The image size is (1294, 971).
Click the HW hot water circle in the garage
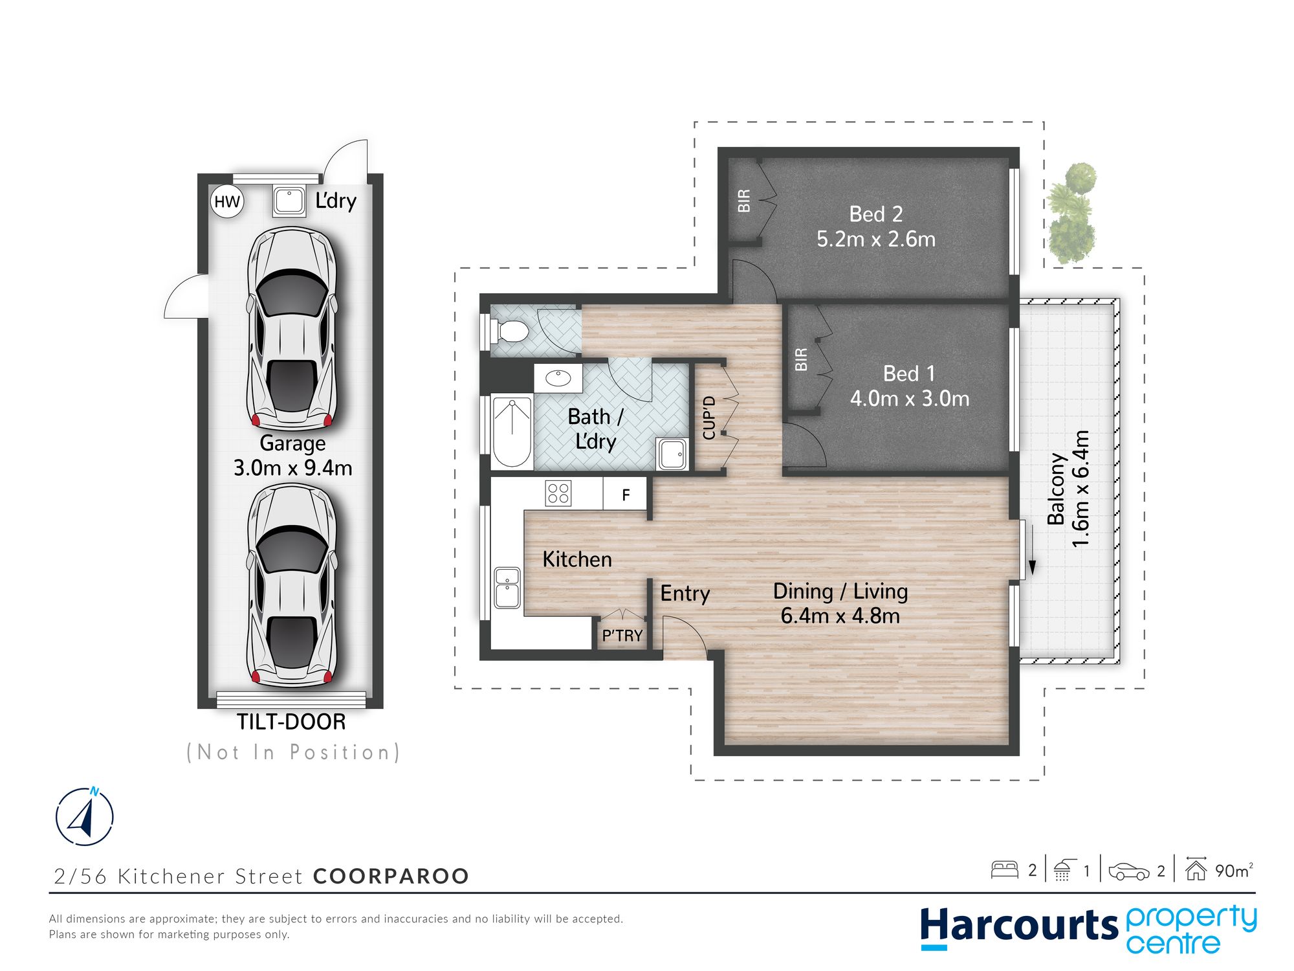point(227,201)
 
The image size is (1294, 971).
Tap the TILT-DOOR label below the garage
point(291,722)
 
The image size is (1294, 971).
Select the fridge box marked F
point(625,495)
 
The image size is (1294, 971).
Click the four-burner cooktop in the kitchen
point(558,493)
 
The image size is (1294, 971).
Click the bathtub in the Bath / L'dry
point(512,432)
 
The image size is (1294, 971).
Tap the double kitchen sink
point(507,588)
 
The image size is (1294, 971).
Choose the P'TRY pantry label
point(622,636)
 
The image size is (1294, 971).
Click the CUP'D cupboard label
point(709,418)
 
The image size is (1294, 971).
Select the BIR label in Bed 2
point(744,201)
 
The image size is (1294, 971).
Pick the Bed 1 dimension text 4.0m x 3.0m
point(910,399)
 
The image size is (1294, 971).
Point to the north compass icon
point(85,816)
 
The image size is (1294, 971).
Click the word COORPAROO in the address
point(391,876)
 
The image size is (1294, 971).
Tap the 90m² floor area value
point(1234,870)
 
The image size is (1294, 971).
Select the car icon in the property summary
point(1129,871)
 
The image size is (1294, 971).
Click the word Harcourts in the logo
point(1019,926)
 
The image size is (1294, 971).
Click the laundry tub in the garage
point(289,201)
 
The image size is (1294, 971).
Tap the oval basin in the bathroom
point(558,377)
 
